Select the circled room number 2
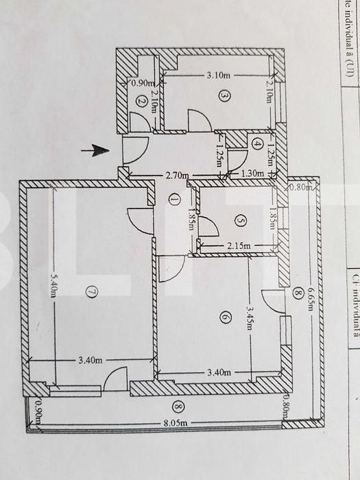[x=141, y=100]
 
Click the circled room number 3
[x=224, y=96]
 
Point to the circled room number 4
[x=256, y=144]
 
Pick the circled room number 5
[x=239, y=221]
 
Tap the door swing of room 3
[x=200, y=122]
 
